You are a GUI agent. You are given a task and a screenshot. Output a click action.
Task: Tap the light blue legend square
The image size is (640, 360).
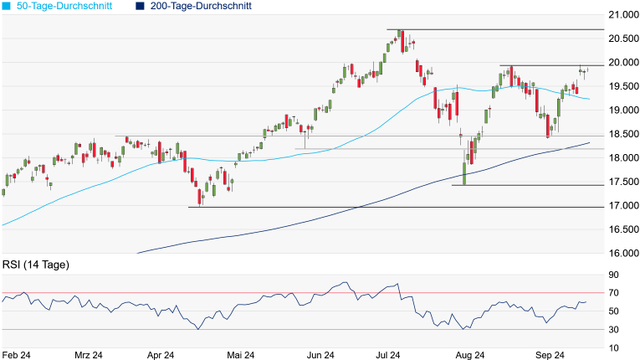[7, 6]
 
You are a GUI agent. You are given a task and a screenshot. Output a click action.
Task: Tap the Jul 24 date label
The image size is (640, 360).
[389, 354]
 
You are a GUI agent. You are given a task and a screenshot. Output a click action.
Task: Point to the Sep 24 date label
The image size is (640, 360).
[549, 354]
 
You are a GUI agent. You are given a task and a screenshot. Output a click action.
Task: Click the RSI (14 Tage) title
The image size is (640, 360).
[35, 265]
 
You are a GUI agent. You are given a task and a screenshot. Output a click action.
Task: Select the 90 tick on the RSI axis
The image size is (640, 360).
[613, 275]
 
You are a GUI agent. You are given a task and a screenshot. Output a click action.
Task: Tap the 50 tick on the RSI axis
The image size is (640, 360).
[613, 311]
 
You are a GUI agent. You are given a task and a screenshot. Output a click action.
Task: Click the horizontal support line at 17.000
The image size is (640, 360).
[402, 207]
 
